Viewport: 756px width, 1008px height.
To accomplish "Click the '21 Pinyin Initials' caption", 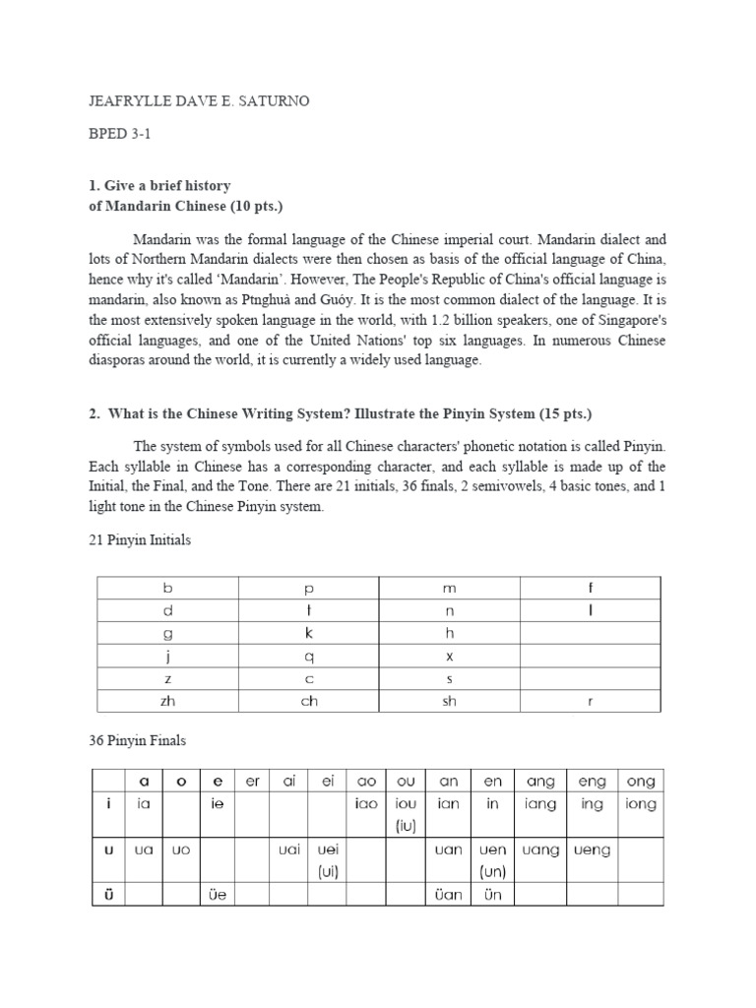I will (140, 540).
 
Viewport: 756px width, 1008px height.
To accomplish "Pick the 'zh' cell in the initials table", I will (167, 701).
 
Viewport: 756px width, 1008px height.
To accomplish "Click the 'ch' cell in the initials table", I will (308, 701).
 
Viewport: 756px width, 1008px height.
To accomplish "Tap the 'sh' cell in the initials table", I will (449, 701).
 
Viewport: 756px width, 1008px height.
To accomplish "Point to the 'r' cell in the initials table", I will (590, 701).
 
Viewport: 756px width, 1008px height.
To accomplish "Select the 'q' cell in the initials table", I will (308, 656).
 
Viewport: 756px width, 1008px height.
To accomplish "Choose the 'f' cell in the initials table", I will (590, 588).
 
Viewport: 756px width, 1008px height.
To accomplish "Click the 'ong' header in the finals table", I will (640, 782).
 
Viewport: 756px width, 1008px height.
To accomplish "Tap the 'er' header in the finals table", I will (253, 782).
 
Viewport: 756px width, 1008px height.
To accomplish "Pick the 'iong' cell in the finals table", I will (640, 804).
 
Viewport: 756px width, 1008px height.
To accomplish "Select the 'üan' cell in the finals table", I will (448, 895).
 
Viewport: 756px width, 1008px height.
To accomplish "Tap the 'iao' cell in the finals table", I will (365, 804).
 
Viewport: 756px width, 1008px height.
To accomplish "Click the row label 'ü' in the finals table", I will (109, 895).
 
